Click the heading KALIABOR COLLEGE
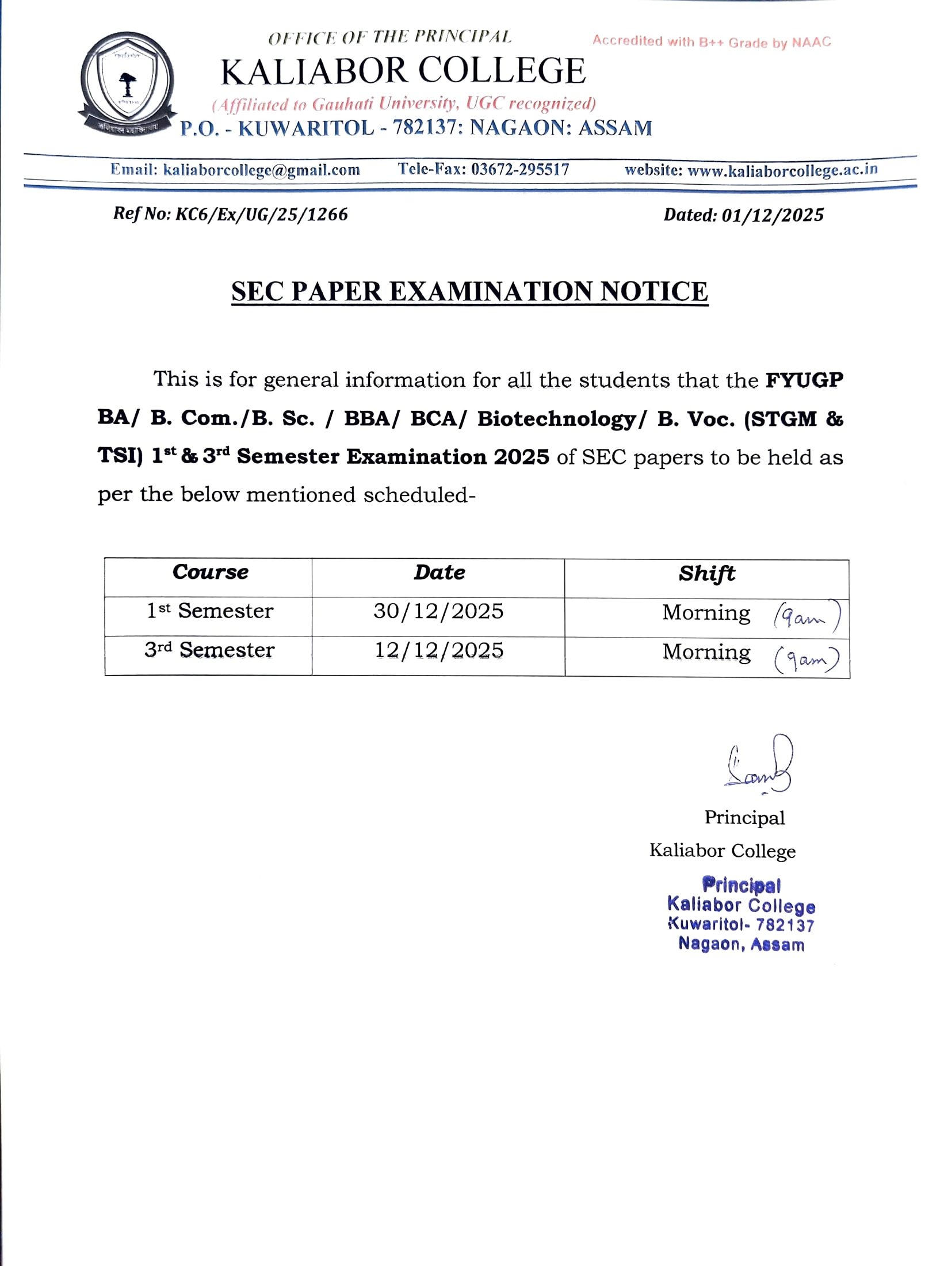(403, 71)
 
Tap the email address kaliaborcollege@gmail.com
(262, 170)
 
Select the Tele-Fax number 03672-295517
(520, 169)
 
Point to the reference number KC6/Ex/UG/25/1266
(262, 215)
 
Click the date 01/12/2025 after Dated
(773, 215)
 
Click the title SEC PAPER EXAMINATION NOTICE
(469, 292)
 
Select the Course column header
(211, 573)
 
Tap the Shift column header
(706, 574)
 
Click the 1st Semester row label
(210, 611)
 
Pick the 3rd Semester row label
(209, 650)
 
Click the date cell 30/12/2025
(438, 611)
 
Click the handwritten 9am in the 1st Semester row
(806, 617)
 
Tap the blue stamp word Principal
(741, 884)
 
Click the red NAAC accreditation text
(712, 41)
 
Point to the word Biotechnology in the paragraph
(556, 419)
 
